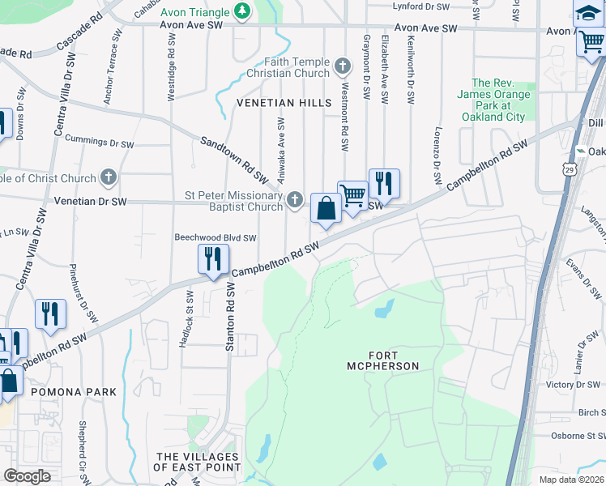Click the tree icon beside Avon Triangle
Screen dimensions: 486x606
241,11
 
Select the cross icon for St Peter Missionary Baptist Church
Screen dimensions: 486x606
295,199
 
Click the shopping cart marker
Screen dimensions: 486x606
352,197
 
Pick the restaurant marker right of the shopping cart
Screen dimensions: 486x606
383,184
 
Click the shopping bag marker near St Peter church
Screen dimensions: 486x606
325,210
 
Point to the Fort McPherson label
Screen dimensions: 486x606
394,360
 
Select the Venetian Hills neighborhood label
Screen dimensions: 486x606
284,103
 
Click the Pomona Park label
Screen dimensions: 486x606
74,391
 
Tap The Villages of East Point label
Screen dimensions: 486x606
198,462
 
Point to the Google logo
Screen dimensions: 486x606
27,476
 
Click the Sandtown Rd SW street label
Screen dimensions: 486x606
235,159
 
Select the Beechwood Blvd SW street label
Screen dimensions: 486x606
216,238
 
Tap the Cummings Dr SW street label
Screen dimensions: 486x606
99,143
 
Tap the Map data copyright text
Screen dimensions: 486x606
571,480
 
